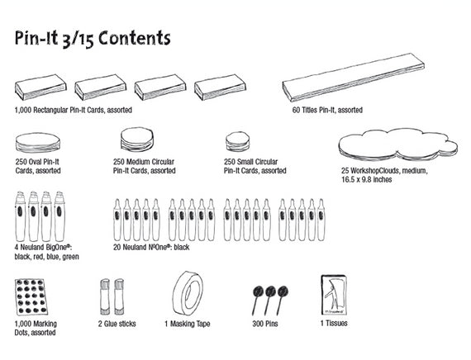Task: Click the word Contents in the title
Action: click(x=134, y=38)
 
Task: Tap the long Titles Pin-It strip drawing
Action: click(x=354, y=78)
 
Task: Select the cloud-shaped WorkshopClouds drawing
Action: click(x=398, y=144)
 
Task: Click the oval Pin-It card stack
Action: click(x=38, y=143)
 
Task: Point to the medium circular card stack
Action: click(x=137, y=140)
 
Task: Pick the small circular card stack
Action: click(x=238, y=141)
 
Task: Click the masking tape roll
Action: click(x=188, y=294)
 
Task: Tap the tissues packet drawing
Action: click(x=334, y=295)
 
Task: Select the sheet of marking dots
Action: click(x=31, y=297)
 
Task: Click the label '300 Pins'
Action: click(x=265, y=324)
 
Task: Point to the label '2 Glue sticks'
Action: click(x=117, y=324)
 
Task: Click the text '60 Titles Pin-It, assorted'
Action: click(x=327, y=110)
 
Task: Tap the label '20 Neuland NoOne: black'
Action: click(x=151, y=247)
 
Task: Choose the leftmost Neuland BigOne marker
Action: click(x=20, y=216)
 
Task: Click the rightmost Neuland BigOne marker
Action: click(x=59, y=216)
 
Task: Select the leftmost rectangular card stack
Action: click(x=40, y=88)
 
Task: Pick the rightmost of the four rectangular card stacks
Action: click(x=220, y=88)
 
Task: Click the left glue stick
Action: click(x=105, y=296)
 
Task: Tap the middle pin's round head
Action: click(x=270, y=291)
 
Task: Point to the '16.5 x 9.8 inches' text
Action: click(x=366, y=179)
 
